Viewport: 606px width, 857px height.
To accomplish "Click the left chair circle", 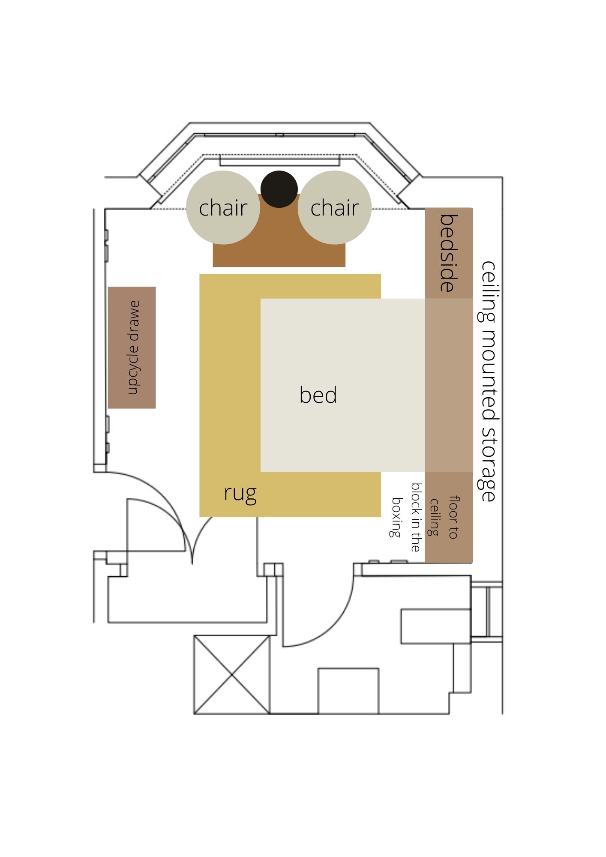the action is (x=223, y=207).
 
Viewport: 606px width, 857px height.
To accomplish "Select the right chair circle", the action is (x=334, y=207).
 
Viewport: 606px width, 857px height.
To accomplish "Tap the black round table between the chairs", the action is (x=279, y=189).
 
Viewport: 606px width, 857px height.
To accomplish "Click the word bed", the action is (x=318, y=395).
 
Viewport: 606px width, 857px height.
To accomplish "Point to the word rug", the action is (x=240, y=493).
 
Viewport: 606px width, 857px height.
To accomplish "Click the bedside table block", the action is (x=449, y=253).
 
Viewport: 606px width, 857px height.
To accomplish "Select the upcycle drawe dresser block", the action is (x=132, y=348).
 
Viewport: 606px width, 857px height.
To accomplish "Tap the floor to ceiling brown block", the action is (x=449, y=517).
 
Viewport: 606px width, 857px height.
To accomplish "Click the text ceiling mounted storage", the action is (x=488, y=381).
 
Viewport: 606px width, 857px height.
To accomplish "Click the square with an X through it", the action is (x=232, y=675).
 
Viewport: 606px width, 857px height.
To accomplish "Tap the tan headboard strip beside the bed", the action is (x=449, y=385).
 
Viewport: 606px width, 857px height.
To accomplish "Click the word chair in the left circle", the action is (x=223, y=208).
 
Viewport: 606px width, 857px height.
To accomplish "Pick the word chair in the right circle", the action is (x=334, y=208).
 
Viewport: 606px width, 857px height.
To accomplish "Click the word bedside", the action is (x=449, y=253).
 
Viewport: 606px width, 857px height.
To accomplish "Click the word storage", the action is (x=488, y=464).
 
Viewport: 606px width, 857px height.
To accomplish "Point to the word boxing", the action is (x=396, y=517).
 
